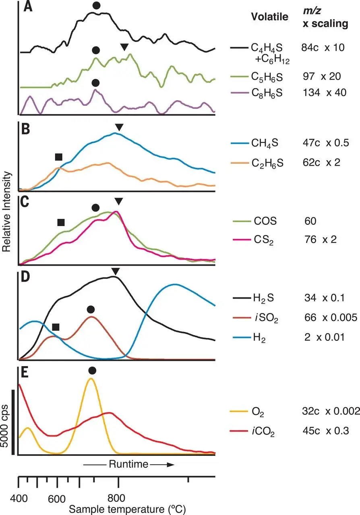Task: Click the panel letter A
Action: tap(28, 7)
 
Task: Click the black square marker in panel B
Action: tap(59, 157)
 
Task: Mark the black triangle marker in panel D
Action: tap(116, 272)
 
